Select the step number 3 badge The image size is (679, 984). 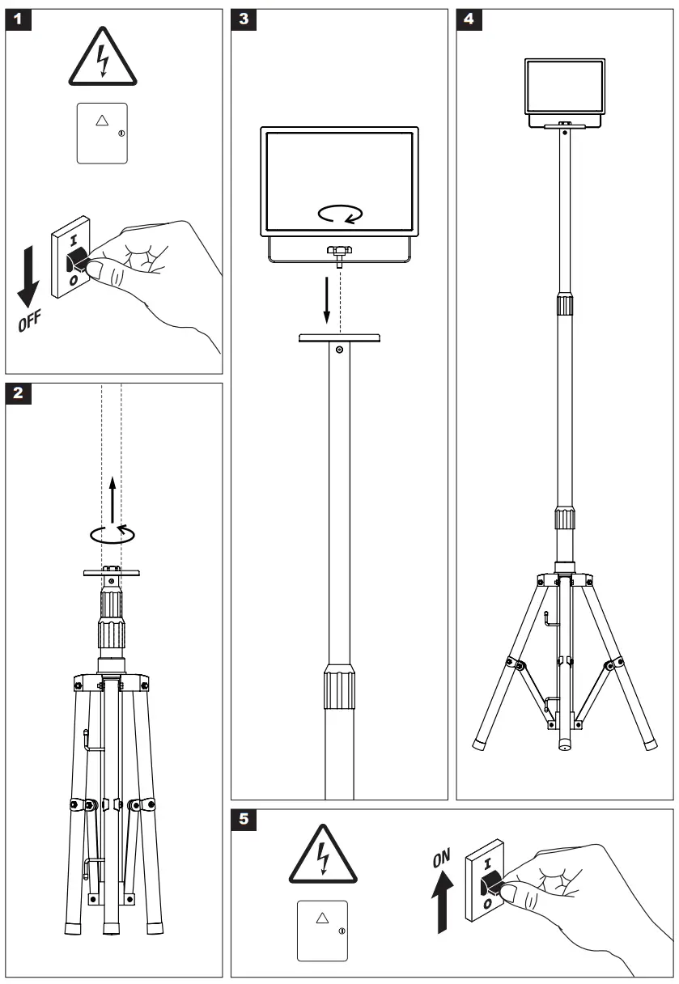click(x=245, y=20)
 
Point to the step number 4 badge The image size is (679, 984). click(x=469, y=20)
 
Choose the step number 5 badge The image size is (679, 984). click(x=245, y=821)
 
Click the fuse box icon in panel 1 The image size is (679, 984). click(x=102, y=133)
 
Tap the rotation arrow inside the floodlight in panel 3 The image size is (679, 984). click(x=339, y=214)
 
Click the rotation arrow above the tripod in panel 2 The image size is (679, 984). click(x=112, y=532)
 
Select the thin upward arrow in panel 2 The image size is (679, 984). click(x=112, y=498)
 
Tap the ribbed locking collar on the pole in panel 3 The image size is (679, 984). click(x=339, y=686)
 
